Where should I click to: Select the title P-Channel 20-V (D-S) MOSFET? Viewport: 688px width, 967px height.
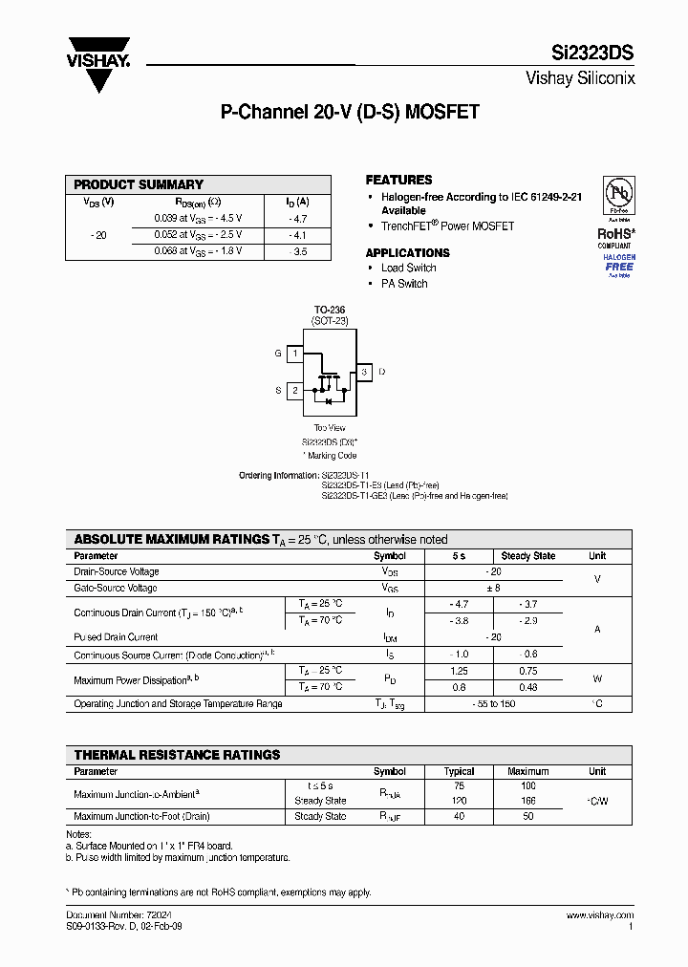pyautogui.click(x=350, y=112)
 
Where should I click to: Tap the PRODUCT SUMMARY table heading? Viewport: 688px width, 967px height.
pyautogui.click(x=139, y=184)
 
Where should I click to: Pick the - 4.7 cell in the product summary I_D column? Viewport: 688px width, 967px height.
pyautogui.click(x=297, y=218)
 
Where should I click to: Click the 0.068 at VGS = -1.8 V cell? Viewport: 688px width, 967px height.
pyautogui.click(x=198, y=251)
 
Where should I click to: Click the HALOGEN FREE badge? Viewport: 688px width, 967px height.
pyautogui.click(x=618, y=263)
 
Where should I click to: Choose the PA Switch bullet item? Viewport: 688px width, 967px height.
pyautogui.click(x=404, y=284)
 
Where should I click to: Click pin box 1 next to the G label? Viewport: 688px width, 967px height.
pyautogui.click(x=296, y=354)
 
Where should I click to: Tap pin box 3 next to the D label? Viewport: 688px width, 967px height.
pyautogui.click(x=363, y=372)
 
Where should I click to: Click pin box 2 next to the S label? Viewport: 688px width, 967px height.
pyautogui.click(x=296, y=390)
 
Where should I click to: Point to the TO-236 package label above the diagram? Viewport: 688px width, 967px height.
pyautogui.click(x=330, y=311)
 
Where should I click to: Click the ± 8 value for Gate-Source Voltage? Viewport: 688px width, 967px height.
pyautogui.click(x=493, y=589)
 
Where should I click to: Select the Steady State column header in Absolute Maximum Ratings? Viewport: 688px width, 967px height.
pyautogui.click(x=527, y=556)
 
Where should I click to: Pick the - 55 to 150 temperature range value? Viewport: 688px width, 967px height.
pyautogui.click(x=493, y=704)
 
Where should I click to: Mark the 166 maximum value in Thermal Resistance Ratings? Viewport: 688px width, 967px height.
pyautogui.click(x=527, y=801)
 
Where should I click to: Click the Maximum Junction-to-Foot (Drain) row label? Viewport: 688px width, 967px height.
pyautogui.click(x=141, y=817)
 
